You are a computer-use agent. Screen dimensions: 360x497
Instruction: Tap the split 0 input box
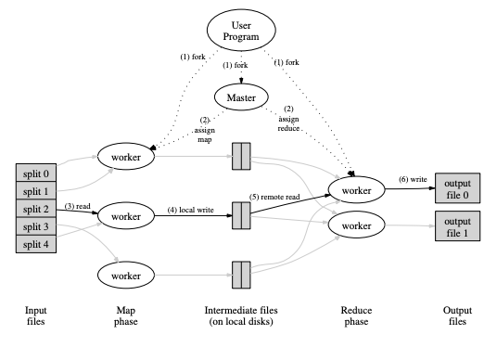(x=39, y=172)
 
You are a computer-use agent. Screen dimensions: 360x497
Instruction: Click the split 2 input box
(x=39, y=208)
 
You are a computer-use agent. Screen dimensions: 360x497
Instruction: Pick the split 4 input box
(x=39, y=243)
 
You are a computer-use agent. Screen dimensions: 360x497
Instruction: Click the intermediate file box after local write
(x=240, y=215)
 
